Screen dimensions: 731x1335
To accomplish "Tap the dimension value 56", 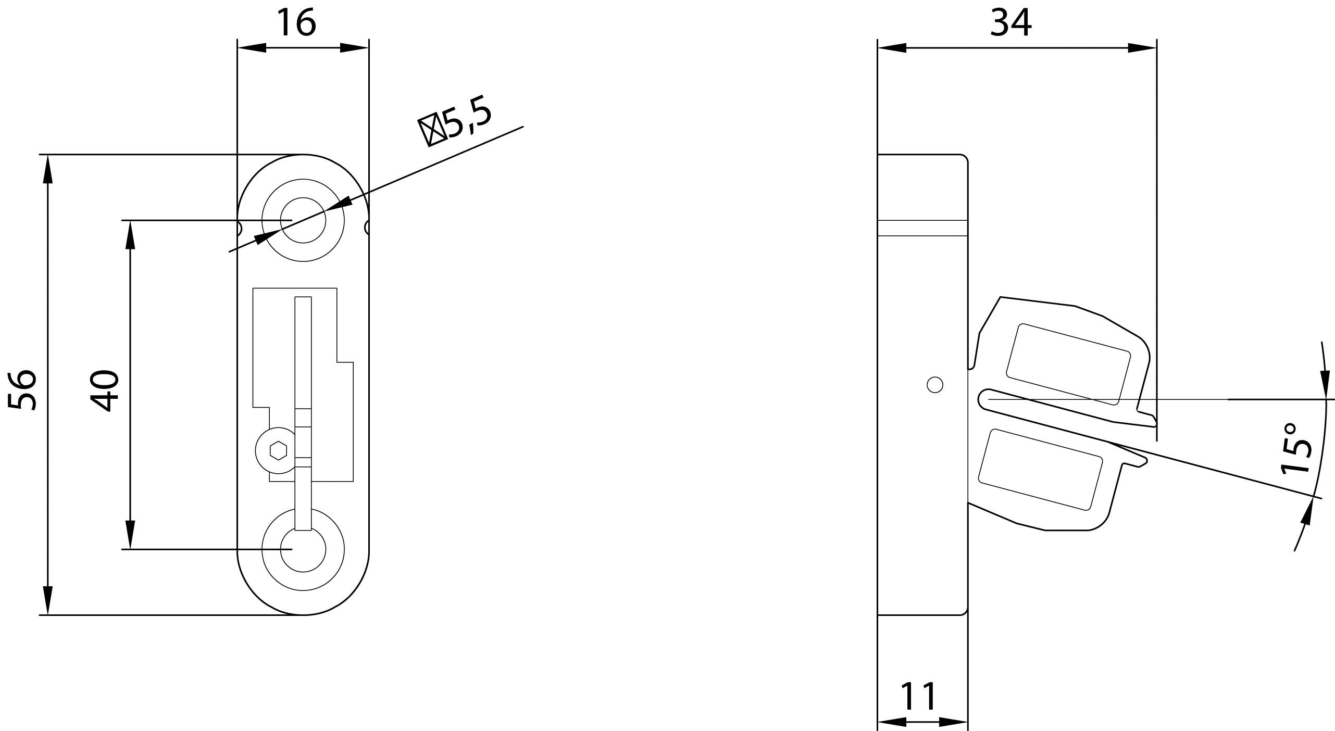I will (x=23, y=390).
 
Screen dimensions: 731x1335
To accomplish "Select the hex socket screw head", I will (x=279, y=450).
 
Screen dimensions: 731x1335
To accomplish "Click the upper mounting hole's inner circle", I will (x=303, y=220).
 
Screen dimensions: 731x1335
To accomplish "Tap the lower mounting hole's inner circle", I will (x=303, y=549).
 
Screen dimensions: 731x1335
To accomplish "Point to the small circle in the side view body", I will (x=935, y=385).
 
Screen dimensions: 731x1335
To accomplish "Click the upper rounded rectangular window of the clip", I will (x=1067, y=364).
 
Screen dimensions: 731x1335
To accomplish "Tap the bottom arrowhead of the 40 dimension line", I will (x=130, y=535).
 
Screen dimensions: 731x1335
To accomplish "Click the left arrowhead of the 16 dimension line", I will (x=251, y=48).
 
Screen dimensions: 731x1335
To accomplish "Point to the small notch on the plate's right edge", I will (x=367, y=227).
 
